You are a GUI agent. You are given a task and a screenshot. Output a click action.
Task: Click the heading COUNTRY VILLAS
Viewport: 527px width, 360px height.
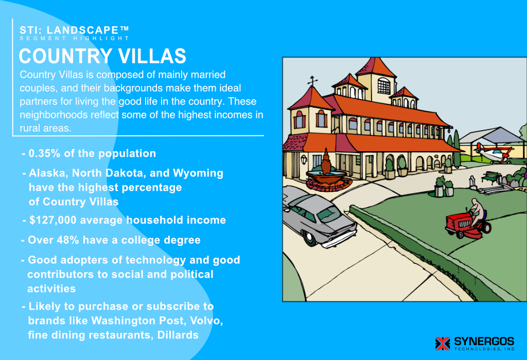click(102, 56)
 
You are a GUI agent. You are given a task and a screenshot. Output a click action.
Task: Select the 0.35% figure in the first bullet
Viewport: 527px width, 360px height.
click(45, 153)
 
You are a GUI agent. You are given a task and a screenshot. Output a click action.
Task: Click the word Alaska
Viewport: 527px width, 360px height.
click(46, 173)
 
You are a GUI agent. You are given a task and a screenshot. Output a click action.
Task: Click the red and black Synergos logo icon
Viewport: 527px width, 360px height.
click(443, 343)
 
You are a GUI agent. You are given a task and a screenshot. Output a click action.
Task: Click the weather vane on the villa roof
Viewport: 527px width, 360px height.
click(312, 82)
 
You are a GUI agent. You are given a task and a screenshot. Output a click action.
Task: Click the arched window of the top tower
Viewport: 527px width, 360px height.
click(384, 85)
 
